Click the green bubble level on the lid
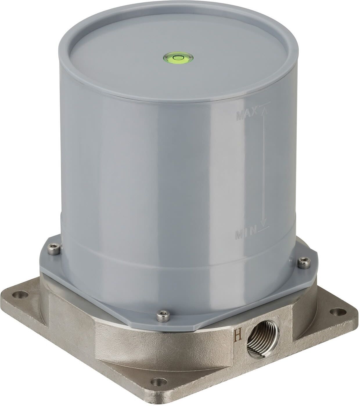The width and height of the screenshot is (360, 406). point(178,57)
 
